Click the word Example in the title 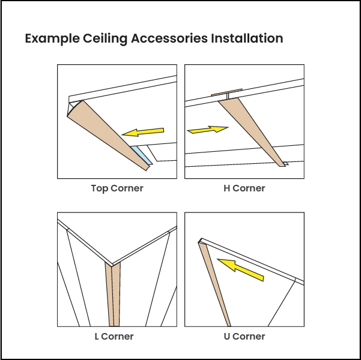tap(52, 39)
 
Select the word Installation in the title tap(246, 39)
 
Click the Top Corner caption tap(117, 188)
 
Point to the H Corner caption tap(244, 188)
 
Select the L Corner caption tap(114, 337)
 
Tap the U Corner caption tap(243, 337)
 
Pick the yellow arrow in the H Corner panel tap(208, 129)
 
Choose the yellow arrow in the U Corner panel tap(240, 269)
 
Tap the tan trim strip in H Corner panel tap(252, 128)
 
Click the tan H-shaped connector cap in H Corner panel tap(227, 94)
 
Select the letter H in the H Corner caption tap(227, 188)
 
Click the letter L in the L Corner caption tap(96, 337)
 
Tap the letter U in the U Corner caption tap(226, 337)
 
